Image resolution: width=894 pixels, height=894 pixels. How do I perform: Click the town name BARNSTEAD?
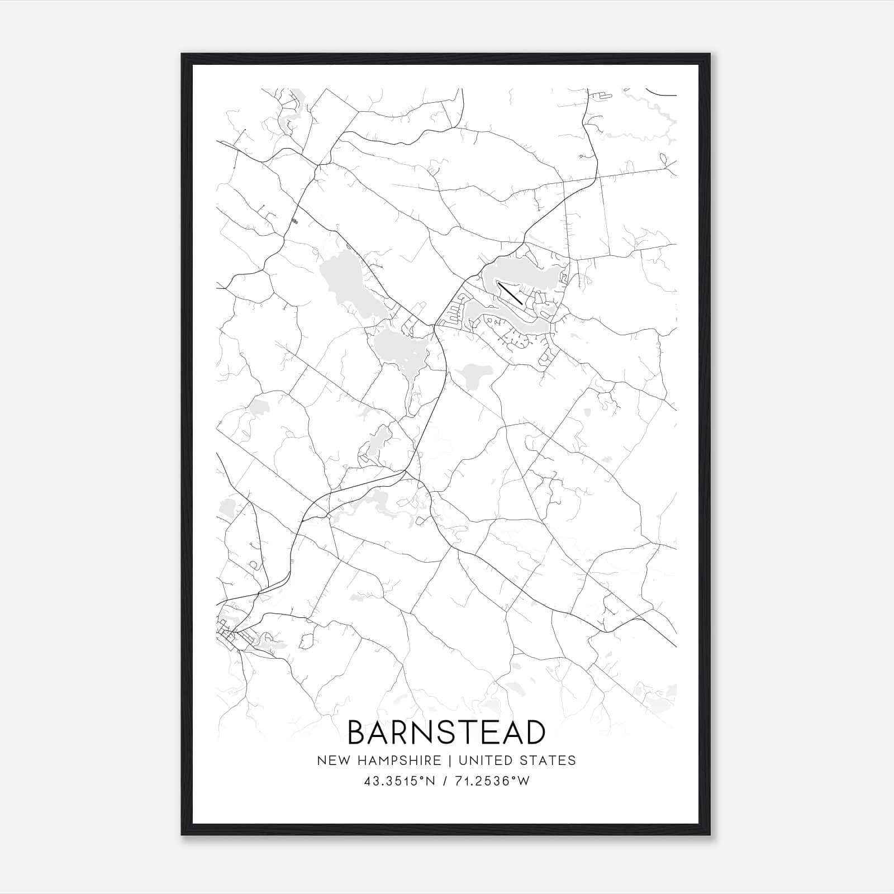tap(446, 733)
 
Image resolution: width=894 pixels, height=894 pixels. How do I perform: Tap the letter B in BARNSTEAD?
tap(357, 733)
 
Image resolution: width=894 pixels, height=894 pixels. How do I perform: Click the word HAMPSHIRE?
tap(398, 760)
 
